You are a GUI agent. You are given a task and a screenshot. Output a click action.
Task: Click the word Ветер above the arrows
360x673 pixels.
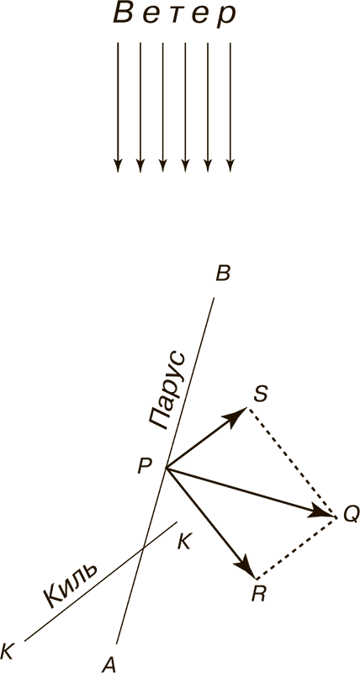tap(175, 15)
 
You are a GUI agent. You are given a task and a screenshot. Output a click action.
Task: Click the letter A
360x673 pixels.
tap(109, 665)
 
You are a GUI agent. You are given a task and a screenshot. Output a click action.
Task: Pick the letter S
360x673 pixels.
tap(261, 394)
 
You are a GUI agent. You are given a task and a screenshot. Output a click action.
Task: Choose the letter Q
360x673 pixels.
tap(350, 514)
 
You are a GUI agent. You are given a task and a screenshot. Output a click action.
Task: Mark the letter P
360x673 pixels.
tap(144, 467)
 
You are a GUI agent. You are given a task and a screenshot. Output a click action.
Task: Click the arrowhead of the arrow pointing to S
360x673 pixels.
tap(238, 416)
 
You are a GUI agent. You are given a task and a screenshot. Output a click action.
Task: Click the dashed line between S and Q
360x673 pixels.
tap(292, 461)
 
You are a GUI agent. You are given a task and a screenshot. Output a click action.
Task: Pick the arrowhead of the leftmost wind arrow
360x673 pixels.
tap(118, 166)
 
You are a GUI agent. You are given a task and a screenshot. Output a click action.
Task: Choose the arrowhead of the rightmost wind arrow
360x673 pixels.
tap(230, 166)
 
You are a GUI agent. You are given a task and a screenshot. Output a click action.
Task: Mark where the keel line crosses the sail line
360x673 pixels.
tap(143, 548)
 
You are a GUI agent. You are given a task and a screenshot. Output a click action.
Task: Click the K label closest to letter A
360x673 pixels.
tap(8, 650)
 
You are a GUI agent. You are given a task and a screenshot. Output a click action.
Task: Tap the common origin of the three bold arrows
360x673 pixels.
tap(166, 469)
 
